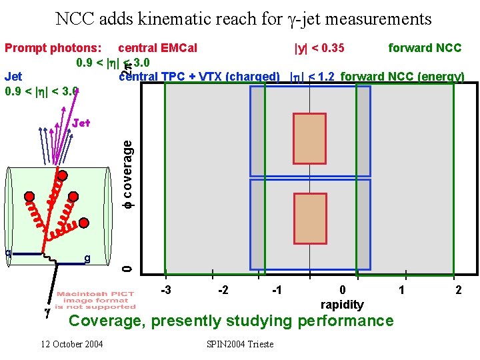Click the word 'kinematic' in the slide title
coord(173,19)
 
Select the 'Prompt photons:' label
coord(53,48)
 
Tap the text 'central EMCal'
coord(157,48)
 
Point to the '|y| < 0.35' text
coord(319,48)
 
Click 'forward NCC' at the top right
coord(425,48)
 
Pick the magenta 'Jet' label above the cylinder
coord(81,123)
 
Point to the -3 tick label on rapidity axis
coord(167,289)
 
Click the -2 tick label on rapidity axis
coord(224,289)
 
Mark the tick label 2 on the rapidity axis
coord(458,289)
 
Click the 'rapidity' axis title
coord(342,305)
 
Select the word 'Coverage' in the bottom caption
coord(108,321)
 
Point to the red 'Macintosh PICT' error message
coord(96,294)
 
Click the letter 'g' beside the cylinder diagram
coord(87,258)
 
